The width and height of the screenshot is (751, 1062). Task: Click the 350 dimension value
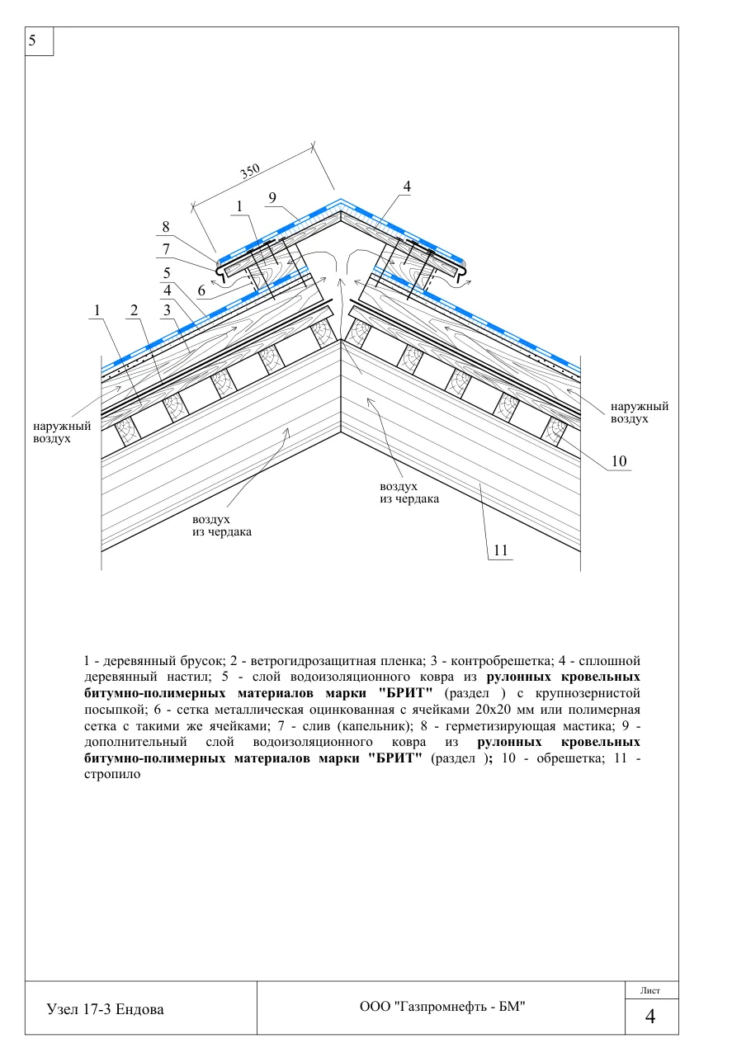tap(250, 171)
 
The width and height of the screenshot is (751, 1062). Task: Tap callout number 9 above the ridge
tap(272, 198)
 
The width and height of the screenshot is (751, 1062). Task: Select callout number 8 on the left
tap(165, 227)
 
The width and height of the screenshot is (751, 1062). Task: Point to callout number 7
tap(165, 249)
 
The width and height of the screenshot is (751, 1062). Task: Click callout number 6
tap(201, 290)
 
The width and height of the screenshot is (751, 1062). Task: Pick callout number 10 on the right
tap(619, 460)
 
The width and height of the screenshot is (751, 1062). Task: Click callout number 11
tap(501, 550)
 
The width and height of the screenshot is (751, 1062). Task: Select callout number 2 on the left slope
tap(135, 310)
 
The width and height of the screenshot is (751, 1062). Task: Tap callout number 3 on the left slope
tap(167, 310)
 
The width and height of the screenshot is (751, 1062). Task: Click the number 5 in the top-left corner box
tap(32, 40)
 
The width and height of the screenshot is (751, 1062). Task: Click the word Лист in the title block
tap(650, 990)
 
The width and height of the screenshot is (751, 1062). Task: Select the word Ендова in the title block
tap(139, 1009)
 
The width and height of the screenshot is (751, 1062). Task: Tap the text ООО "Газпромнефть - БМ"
tap(442, 1006)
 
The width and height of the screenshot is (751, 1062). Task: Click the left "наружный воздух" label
tap(62, 432)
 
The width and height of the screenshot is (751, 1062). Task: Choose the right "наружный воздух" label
tap(640, 413)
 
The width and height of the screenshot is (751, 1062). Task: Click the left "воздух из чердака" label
tap(222, 526)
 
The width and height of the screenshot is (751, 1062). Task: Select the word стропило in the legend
tap(112, 774)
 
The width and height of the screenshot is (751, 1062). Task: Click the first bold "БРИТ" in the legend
tap(405, 693)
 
